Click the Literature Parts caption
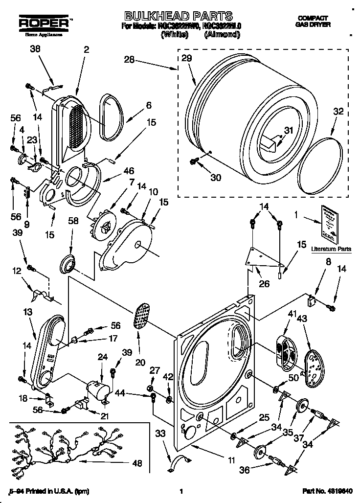pos(331,249)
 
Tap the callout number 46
pos(129,171)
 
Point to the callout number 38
pos(35,49)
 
